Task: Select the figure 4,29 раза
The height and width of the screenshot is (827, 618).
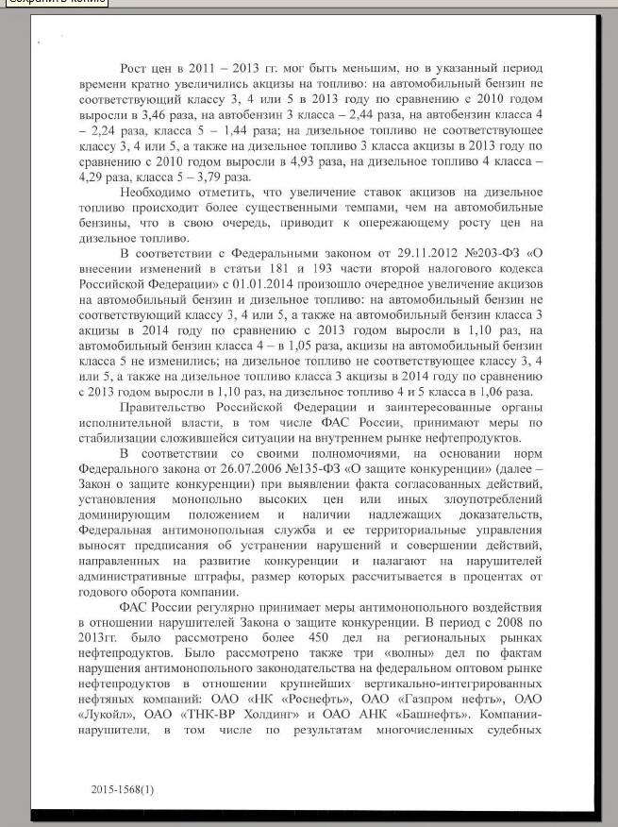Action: point(118,177)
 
